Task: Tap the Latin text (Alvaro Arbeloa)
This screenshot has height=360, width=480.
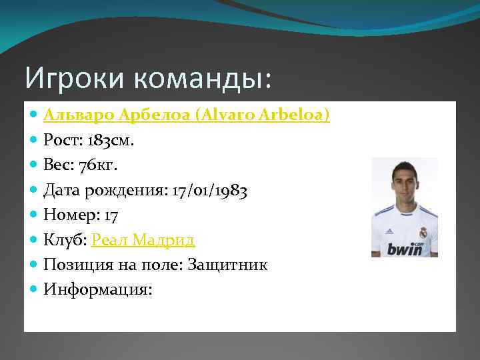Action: pyautogui.click(x=263, y=115)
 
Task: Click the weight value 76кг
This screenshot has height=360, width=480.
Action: pyautogui.click(x=98, y=165)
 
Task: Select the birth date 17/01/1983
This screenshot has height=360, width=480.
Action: pyautogui.click(x=209, y=191)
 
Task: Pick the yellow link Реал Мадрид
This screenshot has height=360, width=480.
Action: pyautogui.click(x=143, y=240)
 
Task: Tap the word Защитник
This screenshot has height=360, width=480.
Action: pyautogui.click(x=229, y=265)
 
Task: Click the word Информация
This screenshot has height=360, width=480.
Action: pyautogui.click(x=96, y=289)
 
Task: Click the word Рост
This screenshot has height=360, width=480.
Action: pyautogui.click(x=60, y=141)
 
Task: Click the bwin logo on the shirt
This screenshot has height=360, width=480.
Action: pyautogui.click(x=405, y=249)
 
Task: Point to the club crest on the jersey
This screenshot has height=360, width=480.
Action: pyautogui.click(x=422, y=233)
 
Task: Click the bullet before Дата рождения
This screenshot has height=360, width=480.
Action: pyautogui.click(x=34, y=191)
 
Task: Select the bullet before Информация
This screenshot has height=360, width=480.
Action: pyautogui.click(x=34, y=289)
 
